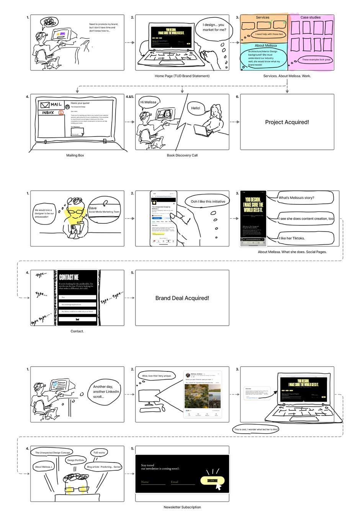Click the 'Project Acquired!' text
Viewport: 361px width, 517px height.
287,122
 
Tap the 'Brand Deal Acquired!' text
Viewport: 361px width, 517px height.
182,298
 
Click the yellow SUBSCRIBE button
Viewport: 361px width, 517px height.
212,481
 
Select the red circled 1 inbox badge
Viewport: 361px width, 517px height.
60,113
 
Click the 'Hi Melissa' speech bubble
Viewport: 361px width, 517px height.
148,102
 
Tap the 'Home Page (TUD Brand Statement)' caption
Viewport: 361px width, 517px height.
182,76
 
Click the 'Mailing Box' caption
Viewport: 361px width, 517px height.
75,155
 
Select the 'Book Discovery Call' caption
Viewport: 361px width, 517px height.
182,155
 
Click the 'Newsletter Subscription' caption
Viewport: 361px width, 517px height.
182,507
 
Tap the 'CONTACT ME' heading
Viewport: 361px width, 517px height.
69,277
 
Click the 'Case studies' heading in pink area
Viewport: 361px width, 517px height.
310,18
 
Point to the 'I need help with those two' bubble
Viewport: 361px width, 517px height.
270,34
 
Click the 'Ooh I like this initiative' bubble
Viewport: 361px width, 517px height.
208,202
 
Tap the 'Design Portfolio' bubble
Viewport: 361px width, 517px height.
76,460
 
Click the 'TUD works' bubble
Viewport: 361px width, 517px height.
99,453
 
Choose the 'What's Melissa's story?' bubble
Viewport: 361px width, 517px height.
297,198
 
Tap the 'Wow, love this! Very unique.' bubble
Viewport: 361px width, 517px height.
157,376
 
